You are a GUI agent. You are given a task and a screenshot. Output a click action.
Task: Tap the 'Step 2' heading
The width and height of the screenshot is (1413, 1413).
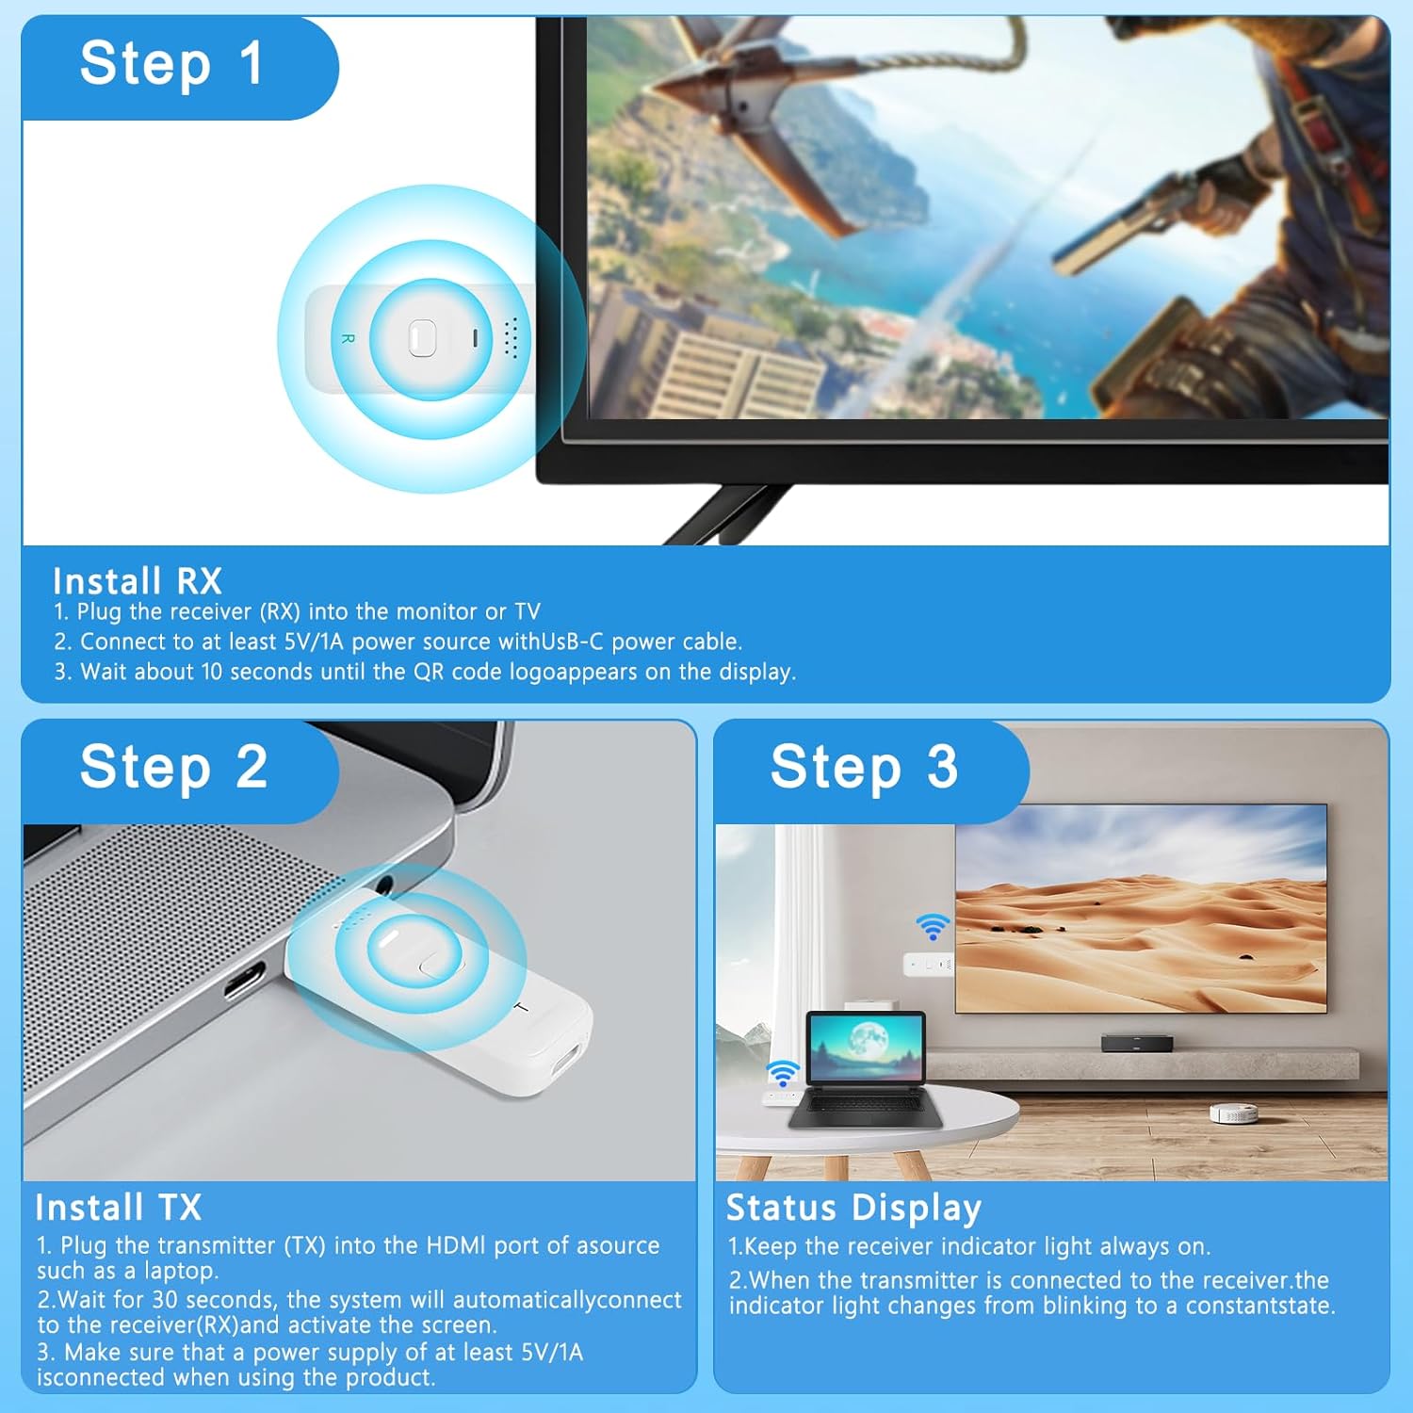click(174, 767)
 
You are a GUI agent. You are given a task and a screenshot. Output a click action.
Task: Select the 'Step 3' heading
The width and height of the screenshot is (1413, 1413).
click(864, 767)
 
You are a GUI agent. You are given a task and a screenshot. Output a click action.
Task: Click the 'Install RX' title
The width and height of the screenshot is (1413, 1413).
click(138, 580)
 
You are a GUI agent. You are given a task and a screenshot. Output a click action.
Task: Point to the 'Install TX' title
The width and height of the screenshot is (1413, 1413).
click(119, 1208)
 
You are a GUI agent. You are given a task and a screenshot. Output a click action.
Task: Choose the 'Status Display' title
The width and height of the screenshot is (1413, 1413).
click(853, 1208)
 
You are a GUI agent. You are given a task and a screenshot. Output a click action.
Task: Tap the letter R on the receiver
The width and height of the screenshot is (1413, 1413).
click(348, 338)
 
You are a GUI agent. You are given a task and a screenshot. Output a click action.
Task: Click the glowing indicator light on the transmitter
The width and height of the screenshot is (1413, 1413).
click(389, 939)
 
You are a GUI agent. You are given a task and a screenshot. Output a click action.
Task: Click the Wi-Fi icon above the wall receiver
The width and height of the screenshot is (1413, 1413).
click(933, 927)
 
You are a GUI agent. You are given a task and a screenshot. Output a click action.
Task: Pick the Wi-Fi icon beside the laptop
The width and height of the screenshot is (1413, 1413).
click(782, 1073)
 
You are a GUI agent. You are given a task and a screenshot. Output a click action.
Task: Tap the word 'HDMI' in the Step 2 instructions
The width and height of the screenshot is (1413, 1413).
click(457, 1245)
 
